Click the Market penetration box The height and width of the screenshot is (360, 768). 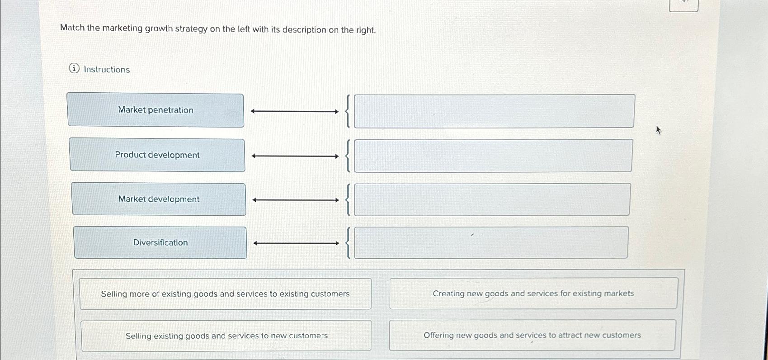(x=155, y=110)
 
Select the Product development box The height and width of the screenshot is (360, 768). (x=157, y=155)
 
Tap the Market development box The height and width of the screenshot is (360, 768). (x=159, y=199)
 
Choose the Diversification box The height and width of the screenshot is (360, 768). (x=160, y=243)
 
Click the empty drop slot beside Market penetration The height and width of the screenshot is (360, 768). (x=494, y=111)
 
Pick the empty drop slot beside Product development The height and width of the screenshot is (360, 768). (x=493, y=156)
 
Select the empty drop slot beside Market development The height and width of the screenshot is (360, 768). (x=492, y=199)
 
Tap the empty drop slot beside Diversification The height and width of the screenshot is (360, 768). (x=491, y=243)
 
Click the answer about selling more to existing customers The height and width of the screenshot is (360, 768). (x=225, y=294)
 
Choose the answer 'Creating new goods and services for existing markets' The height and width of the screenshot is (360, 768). (x=533, y=294)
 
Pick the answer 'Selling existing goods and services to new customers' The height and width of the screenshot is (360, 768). (x=226, y=336)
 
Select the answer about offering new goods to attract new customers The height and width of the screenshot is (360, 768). (x=532, y=336)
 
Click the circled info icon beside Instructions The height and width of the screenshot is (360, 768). (x=74, y=69)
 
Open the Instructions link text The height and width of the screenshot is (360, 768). (x=107, y=70)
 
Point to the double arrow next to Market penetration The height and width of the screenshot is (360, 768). (x=295, y=111)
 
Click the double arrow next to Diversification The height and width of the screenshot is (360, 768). (x=296, y=243)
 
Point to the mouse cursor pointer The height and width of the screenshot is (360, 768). (x=658, y=130)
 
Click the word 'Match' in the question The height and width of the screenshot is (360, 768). (x=72, y=28)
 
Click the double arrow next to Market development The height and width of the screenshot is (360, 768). (x=296, y=200)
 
